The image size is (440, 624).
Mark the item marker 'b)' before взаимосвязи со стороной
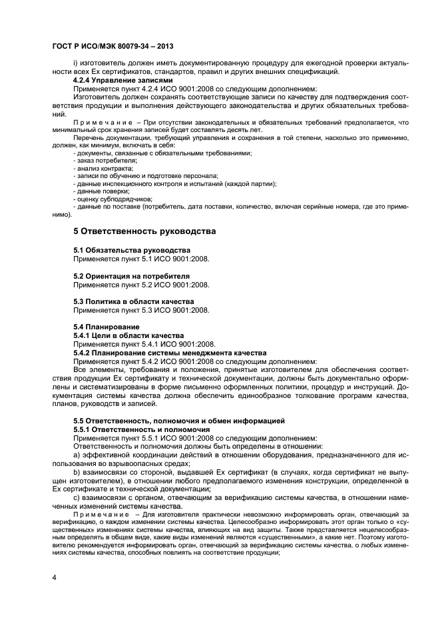tap(77, 471)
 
